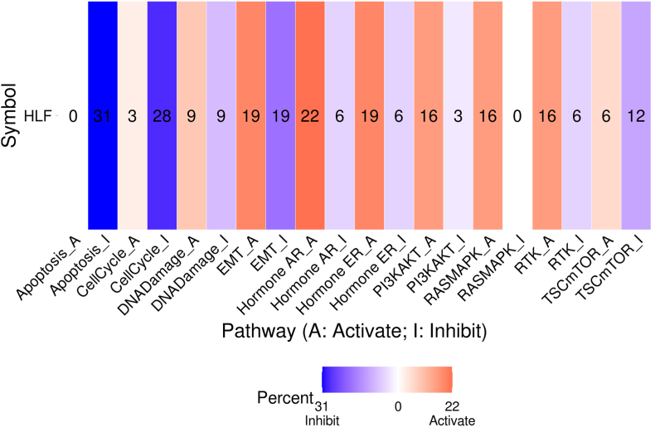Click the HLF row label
click(x=37, y=115)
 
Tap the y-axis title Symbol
click(x=11, y=114)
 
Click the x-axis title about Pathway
click(x=353, y=333)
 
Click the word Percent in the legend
click(x=284, y=397)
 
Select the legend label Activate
click(x=452, y=421)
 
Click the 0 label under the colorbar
click(x=398, y=405)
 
